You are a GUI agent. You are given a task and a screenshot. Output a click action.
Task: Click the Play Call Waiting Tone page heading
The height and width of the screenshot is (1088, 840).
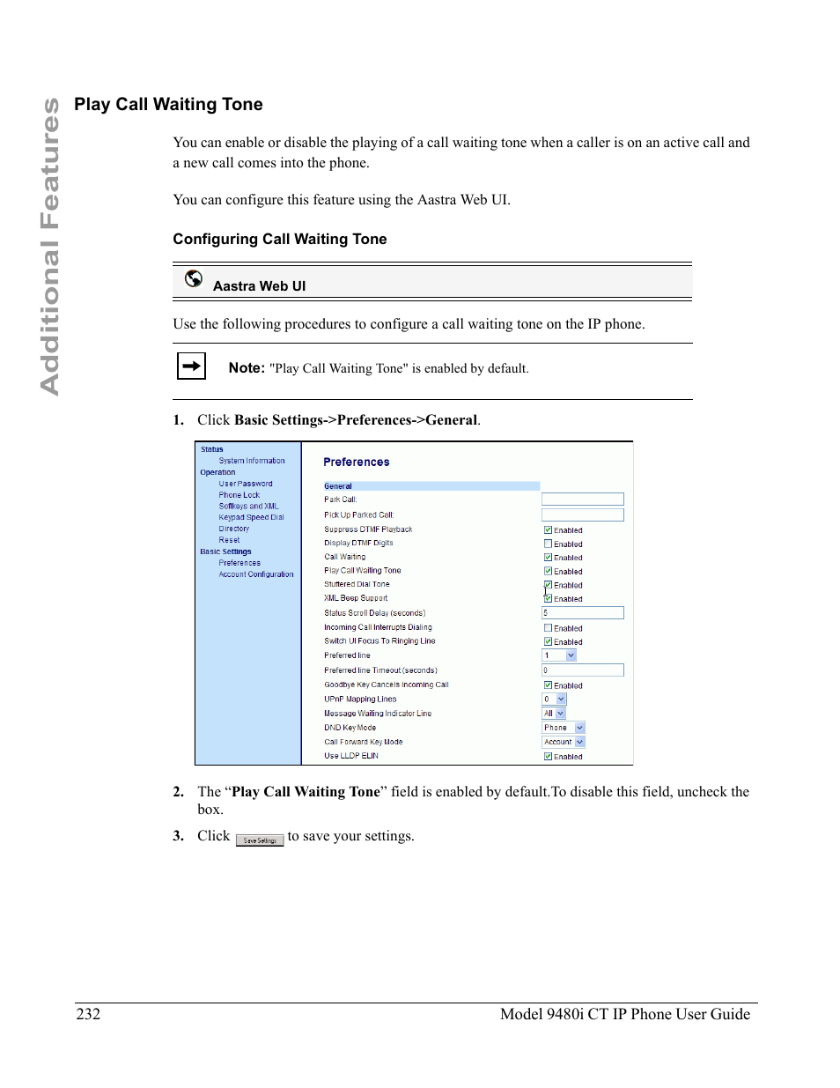click(x=168, y=105)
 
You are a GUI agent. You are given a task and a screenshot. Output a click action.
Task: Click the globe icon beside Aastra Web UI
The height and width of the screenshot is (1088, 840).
click(x=194, y=279)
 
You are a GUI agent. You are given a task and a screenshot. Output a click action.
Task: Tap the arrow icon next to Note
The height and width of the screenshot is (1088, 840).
click(x=191, y=366)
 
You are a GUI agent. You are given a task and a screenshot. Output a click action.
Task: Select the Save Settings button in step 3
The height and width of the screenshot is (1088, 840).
click(x=260, y=840)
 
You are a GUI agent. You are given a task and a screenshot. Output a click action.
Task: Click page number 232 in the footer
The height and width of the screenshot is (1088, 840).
click(x=88, y=1014)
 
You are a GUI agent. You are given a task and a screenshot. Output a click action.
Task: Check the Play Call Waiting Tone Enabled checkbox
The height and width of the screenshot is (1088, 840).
click(x=548, y=571)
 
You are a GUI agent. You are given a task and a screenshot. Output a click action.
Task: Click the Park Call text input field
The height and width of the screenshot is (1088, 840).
click(x=582, y=500)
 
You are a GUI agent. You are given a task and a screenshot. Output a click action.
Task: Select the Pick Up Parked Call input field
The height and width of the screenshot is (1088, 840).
click(x=582, y=514)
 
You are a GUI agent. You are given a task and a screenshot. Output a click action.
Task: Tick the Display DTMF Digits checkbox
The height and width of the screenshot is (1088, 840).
click(x=548, y=544)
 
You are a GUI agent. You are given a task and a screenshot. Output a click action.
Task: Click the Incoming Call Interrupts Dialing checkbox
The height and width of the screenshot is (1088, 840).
click(x=548, y=628)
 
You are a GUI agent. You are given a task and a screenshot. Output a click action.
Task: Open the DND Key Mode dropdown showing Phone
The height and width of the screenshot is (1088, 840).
click(x=564, y=728)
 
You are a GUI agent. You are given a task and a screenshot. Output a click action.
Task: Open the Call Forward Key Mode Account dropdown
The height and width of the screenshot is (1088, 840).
click(x=564, y=742)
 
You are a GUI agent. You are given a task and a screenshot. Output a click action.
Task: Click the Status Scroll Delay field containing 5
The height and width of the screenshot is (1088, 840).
click(x=582, y=612)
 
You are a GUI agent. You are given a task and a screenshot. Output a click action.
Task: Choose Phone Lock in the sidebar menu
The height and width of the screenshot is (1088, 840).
click(x=239, y=495)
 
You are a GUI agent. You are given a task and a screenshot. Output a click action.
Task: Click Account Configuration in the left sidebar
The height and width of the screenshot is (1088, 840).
click(x=256, y=574)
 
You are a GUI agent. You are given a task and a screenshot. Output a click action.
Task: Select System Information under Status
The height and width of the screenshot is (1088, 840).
click(x=252, y=461)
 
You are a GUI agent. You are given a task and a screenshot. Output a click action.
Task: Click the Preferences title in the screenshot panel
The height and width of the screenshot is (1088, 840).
click(x=356, y=463)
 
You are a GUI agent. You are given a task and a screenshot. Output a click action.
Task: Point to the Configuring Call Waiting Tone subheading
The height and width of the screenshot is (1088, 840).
click(x=279, y=240)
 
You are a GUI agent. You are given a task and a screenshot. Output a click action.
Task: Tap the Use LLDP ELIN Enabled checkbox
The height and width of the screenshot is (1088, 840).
click(x=548, y=756)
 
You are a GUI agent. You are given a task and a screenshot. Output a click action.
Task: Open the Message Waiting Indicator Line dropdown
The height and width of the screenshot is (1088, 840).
click(x=554, y=714)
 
